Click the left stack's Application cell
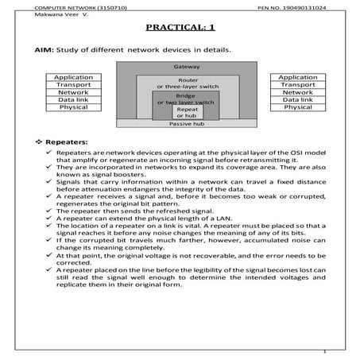(73, 77)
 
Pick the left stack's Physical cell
(73, 106)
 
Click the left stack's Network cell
(73, 92)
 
